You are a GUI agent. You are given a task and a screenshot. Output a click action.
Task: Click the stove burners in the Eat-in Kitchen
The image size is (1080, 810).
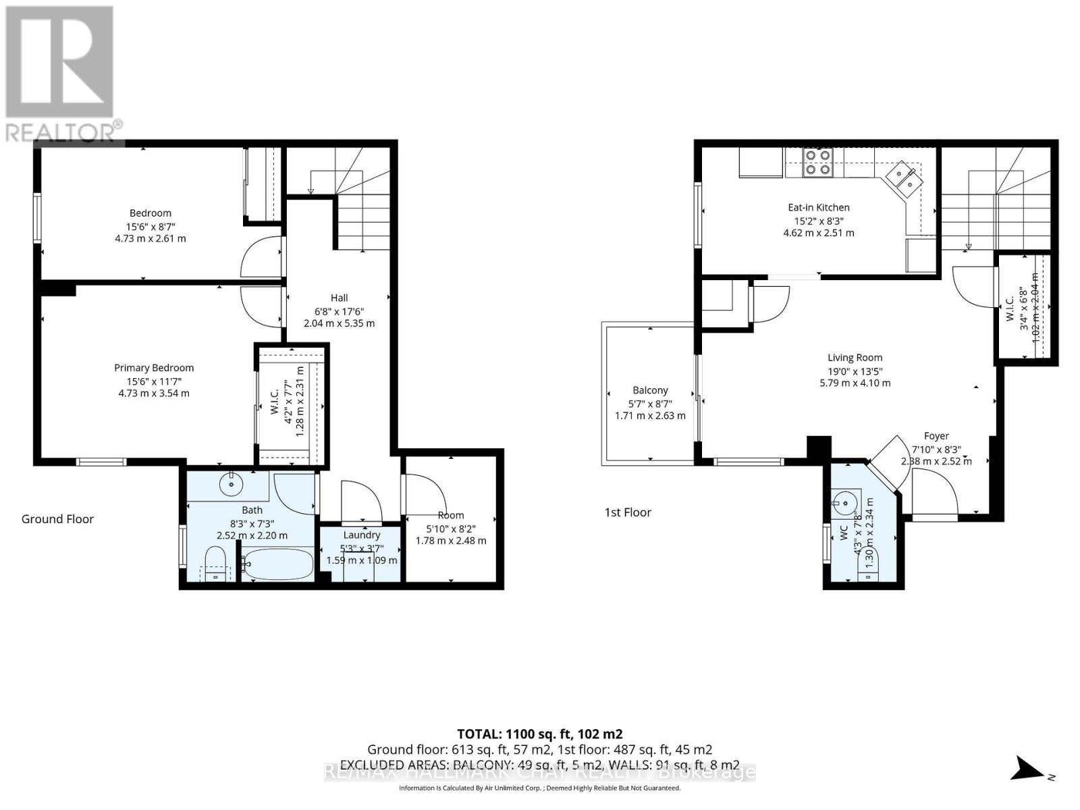pos(817,162)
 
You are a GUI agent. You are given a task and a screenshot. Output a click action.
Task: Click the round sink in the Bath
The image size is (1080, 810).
pos(232,484)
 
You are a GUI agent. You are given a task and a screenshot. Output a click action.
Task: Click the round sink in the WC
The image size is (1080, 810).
pos(844,502)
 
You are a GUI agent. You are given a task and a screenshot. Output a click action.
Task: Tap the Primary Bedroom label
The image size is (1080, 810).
pos(154,368)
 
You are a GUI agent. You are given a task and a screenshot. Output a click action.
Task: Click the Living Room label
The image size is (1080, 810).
pos(855,358)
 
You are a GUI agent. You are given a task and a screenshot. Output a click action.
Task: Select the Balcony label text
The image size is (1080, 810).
pos(650,390)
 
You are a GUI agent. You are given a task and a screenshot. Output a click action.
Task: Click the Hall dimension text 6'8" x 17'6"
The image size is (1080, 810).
pos(339,311)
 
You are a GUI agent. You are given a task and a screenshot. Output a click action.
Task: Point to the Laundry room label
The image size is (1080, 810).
pos(362,535)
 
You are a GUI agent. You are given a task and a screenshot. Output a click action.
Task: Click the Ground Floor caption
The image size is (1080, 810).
pos(57,519)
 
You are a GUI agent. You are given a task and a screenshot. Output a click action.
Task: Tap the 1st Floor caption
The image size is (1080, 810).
pos(628,512)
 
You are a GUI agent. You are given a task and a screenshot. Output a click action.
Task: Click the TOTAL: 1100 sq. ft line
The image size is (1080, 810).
pos(539,734)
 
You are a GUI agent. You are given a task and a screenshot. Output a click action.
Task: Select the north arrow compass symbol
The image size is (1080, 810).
pos(1029,768)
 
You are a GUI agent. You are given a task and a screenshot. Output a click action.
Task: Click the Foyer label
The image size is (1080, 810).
pos(936,436)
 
